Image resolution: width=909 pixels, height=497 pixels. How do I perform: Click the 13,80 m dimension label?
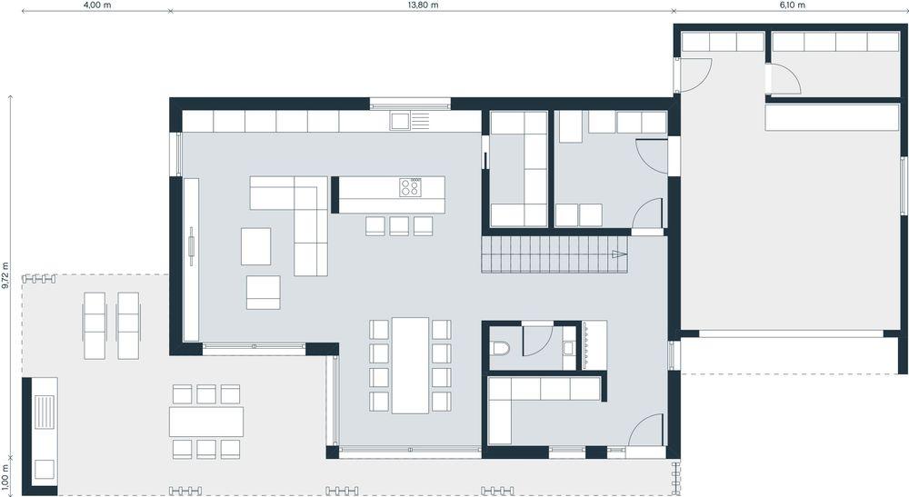point(423,5)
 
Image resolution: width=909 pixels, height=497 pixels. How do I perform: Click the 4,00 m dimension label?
point(97,5)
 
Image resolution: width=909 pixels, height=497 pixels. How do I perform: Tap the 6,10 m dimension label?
point(792,5)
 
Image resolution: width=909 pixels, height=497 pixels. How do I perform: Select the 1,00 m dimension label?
point(5,475)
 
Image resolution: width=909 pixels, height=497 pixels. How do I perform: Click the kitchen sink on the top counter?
point(401,122)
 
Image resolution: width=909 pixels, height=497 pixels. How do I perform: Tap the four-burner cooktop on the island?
point(411,186)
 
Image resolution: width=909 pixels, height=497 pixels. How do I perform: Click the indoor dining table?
point(411,365)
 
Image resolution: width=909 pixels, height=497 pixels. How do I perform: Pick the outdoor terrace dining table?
point(206,422)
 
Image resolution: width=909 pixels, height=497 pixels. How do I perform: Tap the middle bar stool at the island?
point(399,226)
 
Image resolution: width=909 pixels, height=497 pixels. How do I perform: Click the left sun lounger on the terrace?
point(95,325)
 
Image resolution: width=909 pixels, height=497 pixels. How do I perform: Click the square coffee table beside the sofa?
point(255,246)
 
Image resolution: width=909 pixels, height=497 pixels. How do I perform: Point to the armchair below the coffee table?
point(264,293)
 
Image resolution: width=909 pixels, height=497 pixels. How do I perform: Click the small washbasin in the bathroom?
point(568,348)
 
